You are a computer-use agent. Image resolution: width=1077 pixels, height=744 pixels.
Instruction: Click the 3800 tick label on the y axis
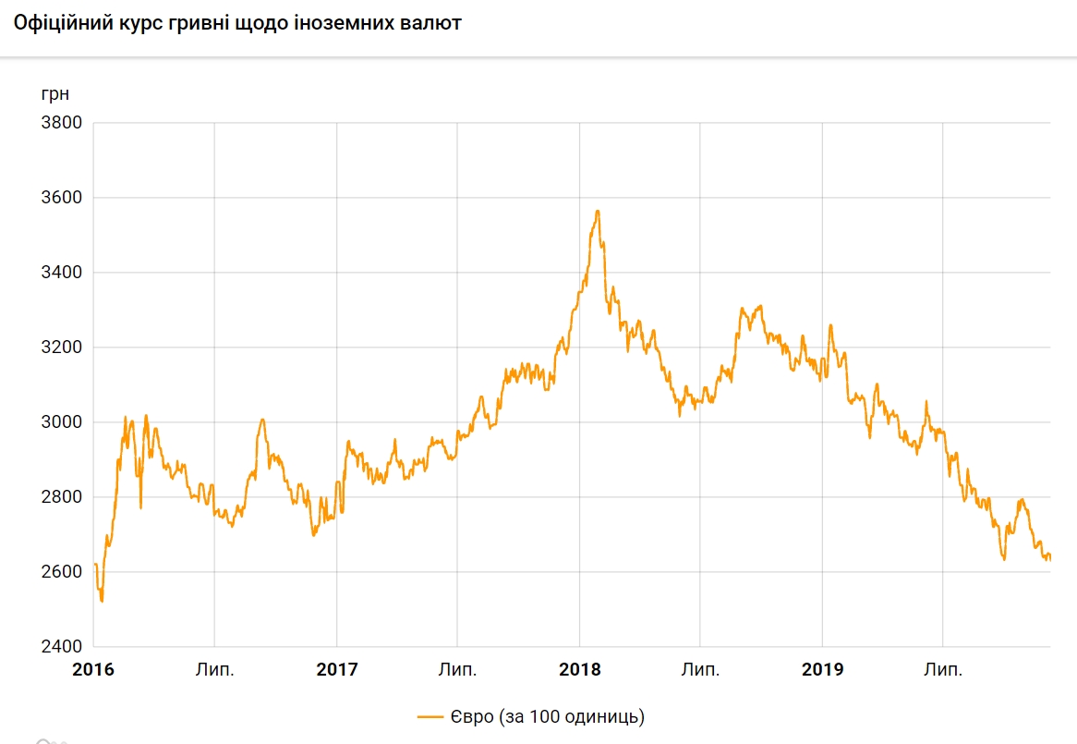tap(62, 123)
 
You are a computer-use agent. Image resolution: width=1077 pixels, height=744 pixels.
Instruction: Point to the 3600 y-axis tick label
tap(62, 198)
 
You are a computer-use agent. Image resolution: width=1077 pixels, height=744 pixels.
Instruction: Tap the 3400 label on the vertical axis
tap(62, 273)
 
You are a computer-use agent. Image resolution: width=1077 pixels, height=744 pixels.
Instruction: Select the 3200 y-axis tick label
tap(62, 348)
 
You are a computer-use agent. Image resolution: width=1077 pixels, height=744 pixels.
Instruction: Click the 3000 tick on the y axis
tap(62, 422)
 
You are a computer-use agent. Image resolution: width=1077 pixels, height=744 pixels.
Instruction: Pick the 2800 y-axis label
tap(62, 497)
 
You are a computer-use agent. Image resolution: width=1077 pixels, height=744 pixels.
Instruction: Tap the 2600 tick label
tap(62, 572)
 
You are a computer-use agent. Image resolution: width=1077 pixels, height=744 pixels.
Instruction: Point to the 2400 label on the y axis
tap(62, 647)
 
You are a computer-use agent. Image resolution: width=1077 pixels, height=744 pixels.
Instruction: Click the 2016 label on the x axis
tap(93, 670)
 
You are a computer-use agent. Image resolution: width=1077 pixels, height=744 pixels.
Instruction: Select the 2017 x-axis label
tap(336, 670)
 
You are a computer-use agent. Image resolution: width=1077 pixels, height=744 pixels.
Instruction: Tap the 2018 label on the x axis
tap(579, 670)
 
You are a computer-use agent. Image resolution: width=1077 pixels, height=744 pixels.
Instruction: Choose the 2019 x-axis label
tap(822, 670)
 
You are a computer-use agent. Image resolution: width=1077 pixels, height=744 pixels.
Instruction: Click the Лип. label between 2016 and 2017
tap(214, 670)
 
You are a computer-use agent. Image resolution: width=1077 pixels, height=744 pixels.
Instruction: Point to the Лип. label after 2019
tap(943, 670)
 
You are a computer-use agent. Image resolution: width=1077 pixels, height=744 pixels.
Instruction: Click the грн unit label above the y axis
tap(54, 94)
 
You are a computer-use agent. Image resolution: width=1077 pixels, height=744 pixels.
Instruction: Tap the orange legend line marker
tap(431, 716)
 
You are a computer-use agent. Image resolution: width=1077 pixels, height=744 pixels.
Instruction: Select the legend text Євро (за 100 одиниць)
tap(547, 716)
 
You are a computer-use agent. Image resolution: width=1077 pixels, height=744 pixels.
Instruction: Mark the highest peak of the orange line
tap(599, 212)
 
